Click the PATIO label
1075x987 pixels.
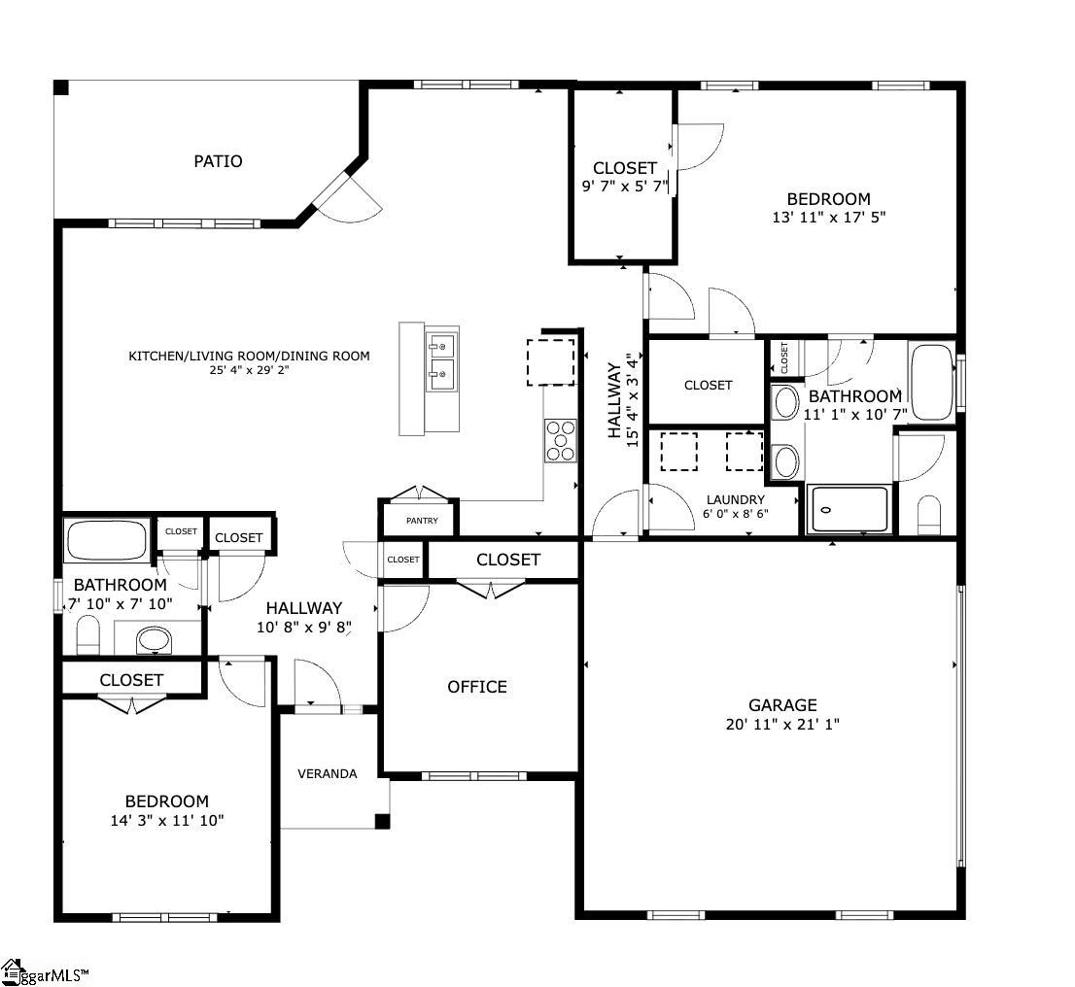coord(218,161)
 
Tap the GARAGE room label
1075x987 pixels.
coord(782,705)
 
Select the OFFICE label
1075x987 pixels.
coord(477,687)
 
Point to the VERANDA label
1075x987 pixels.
coord(327,774)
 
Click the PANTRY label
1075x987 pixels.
coord(422,521)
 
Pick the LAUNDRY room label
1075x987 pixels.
coord(736,499)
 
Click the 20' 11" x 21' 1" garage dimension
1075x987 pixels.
coord(782,724)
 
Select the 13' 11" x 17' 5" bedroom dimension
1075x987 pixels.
coord(829,218)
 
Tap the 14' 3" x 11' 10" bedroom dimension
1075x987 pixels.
coord(167,821)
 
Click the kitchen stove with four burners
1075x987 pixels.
coord(561,441)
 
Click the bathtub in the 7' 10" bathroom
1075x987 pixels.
coord(106,540)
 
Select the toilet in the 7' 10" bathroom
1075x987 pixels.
coord(87,635)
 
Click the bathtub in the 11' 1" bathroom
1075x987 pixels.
coord(932,382)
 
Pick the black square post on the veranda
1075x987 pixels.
coord(382,821)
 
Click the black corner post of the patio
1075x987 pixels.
coord(61,87)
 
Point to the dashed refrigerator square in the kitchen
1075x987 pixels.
coord(550,361)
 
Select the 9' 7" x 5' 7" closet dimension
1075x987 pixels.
coord(625,187)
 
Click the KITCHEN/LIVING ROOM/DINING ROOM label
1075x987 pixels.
coord(249,356)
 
